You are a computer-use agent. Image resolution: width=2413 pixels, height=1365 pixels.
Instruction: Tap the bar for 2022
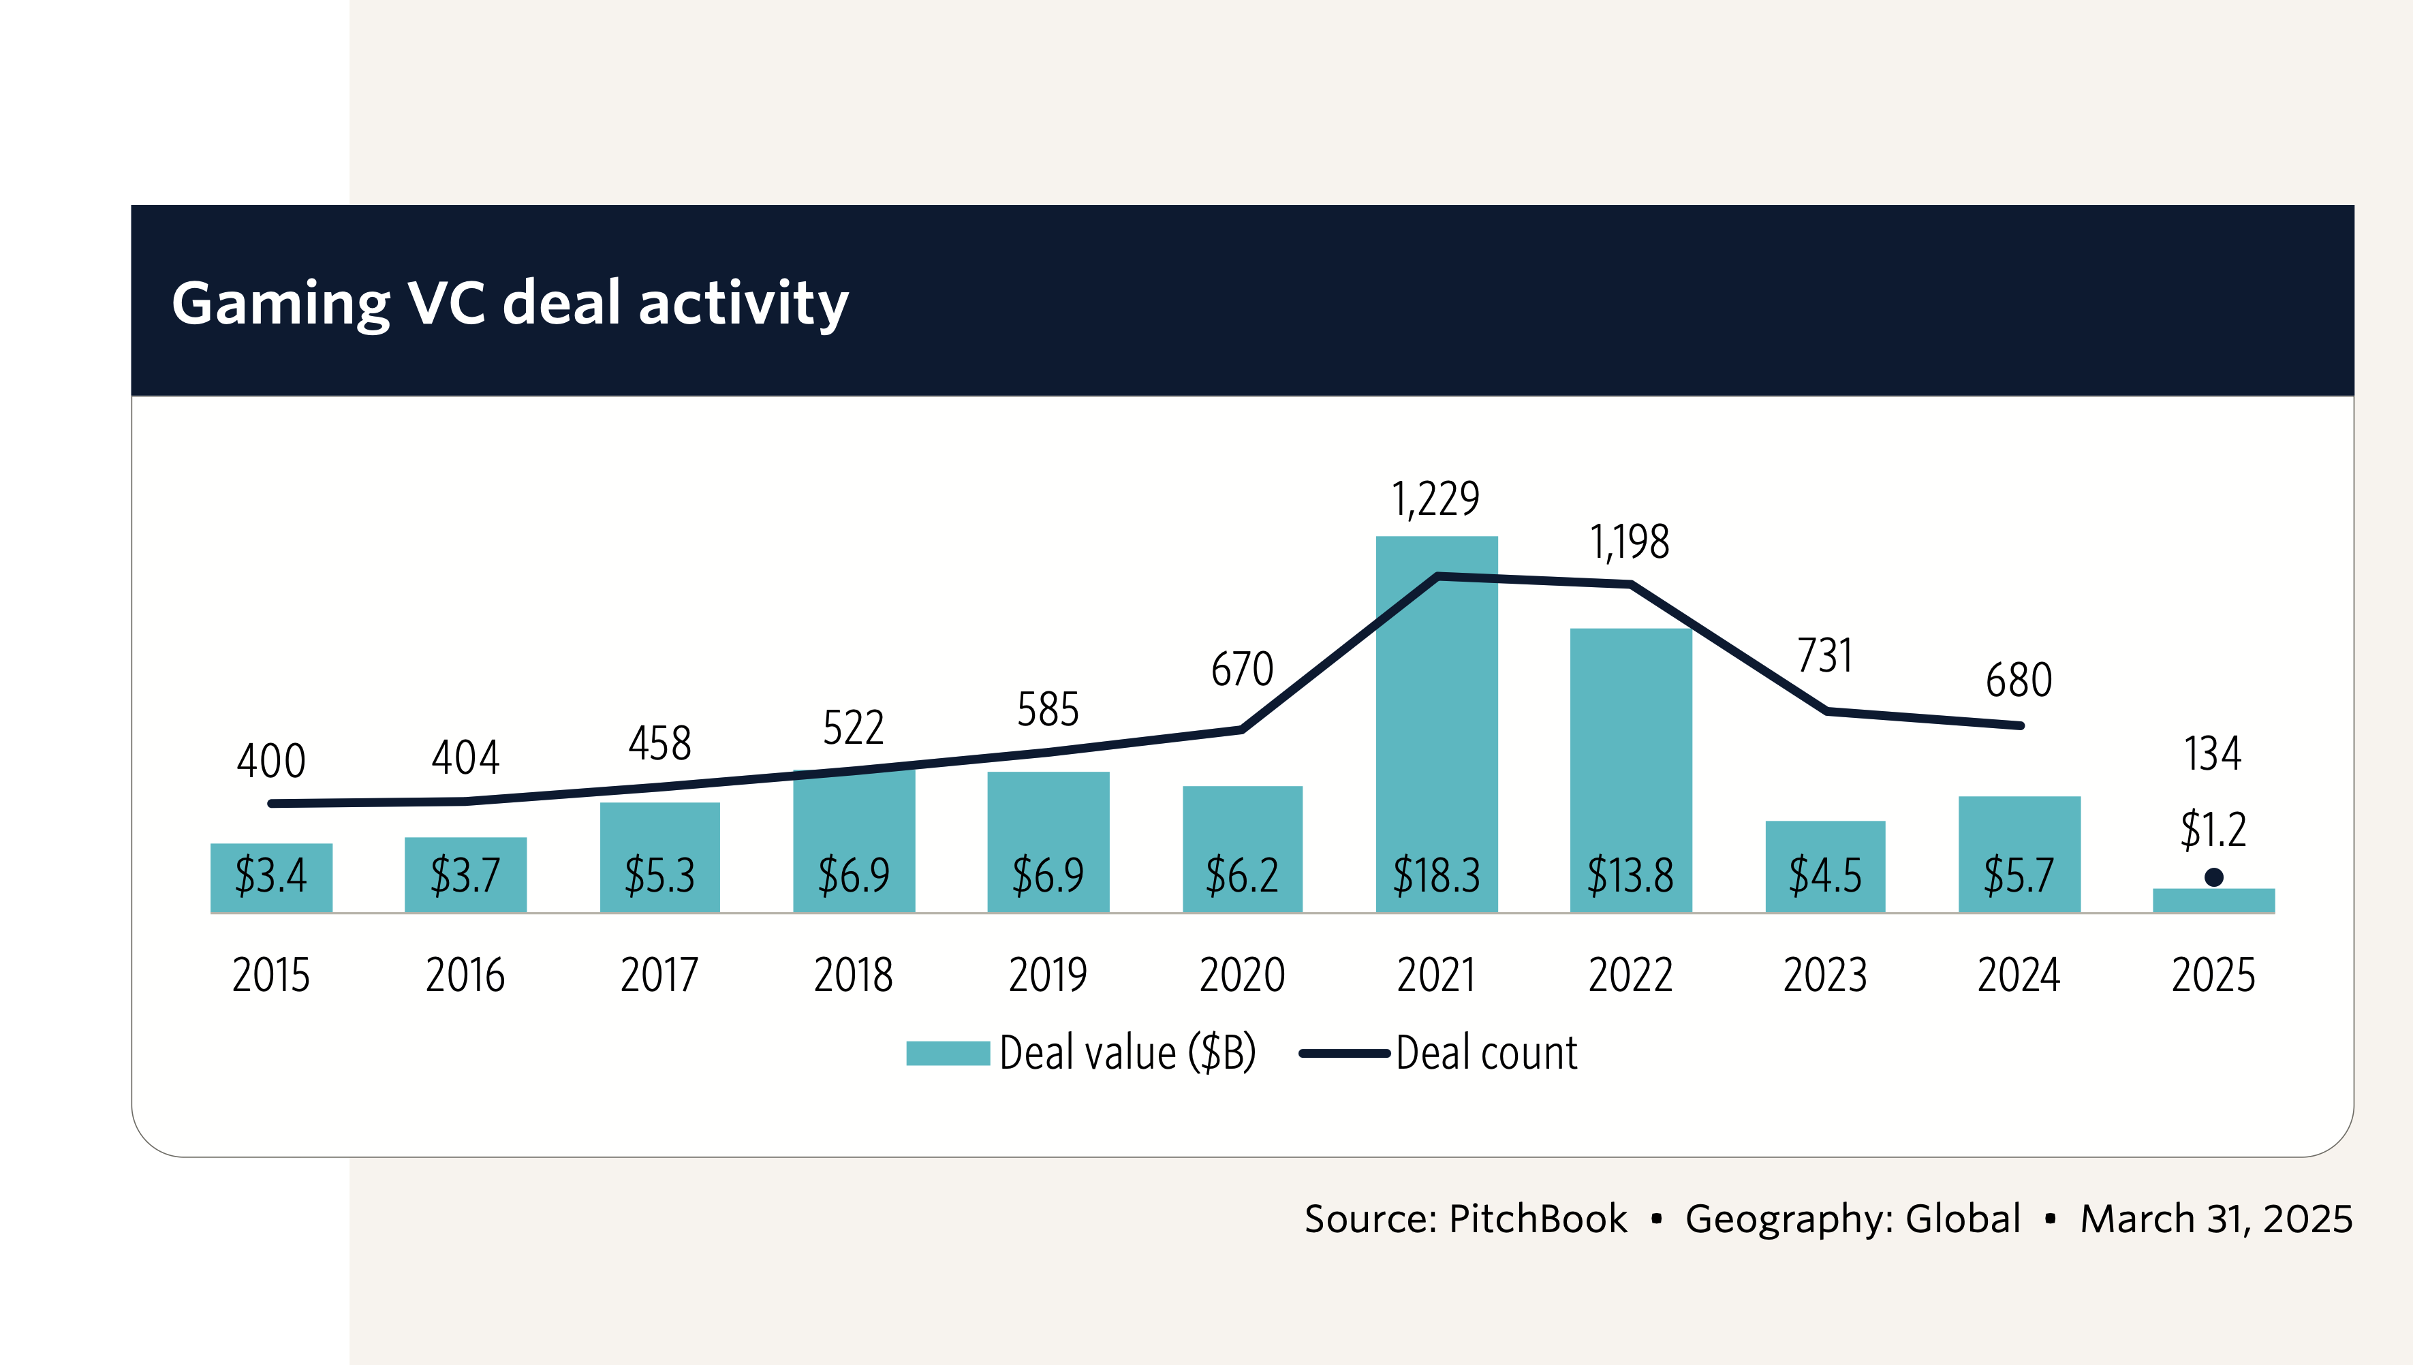click(1630, 750)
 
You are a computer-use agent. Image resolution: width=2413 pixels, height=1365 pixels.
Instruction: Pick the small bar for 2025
click(2213, 901)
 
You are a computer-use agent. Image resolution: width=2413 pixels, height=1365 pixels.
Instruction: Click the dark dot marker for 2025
click(2213, 877)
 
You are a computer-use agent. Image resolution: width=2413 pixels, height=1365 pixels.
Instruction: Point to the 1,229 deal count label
click(1435, 499)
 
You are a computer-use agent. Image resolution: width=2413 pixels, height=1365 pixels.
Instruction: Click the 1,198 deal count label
click(1630, 542)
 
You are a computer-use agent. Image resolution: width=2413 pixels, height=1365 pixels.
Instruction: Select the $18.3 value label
click(1436, 876)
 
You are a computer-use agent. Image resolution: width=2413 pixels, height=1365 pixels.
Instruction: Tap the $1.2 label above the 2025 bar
click(2213, 830)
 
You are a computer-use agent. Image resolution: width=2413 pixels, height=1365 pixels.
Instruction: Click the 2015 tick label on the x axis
click(271, 975)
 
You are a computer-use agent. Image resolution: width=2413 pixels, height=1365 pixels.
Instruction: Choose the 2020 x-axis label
click(1242, 975)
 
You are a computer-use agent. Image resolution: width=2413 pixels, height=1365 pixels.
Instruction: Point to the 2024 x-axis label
click(2019, 975)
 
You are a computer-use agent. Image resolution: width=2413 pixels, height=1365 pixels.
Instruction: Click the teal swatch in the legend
click(948, 1053)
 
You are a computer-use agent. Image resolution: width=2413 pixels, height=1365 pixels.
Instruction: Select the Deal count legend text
click(1486, 1053)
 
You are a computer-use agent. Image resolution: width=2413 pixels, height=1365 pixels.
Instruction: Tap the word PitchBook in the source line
click(1538, 1219)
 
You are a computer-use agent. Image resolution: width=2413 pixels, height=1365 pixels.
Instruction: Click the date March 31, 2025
click(2216, 1219)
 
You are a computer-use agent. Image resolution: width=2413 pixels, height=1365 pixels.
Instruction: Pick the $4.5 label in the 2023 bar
click(1825, 876)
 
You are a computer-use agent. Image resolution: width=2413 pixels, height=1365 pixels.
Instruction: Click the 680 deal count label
click(2019, 680)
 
